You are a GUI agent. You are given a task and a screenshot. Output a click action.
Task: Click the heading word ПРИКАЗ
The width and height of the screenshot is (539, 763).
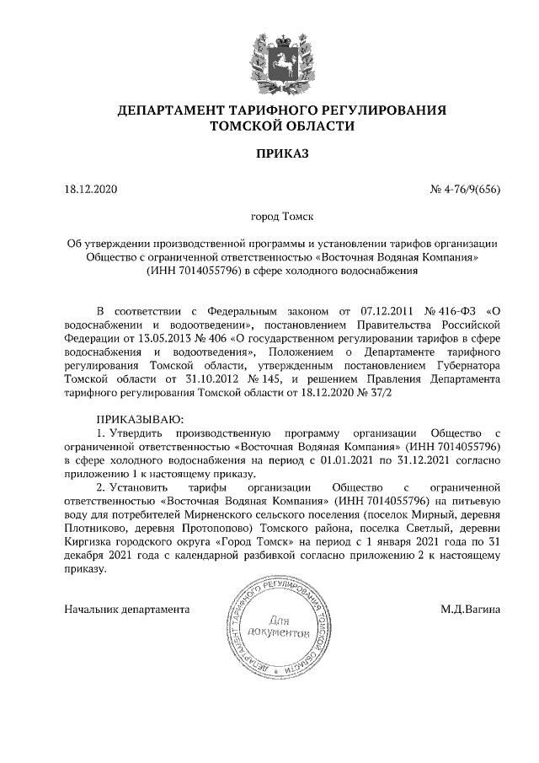click(269, 153)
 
